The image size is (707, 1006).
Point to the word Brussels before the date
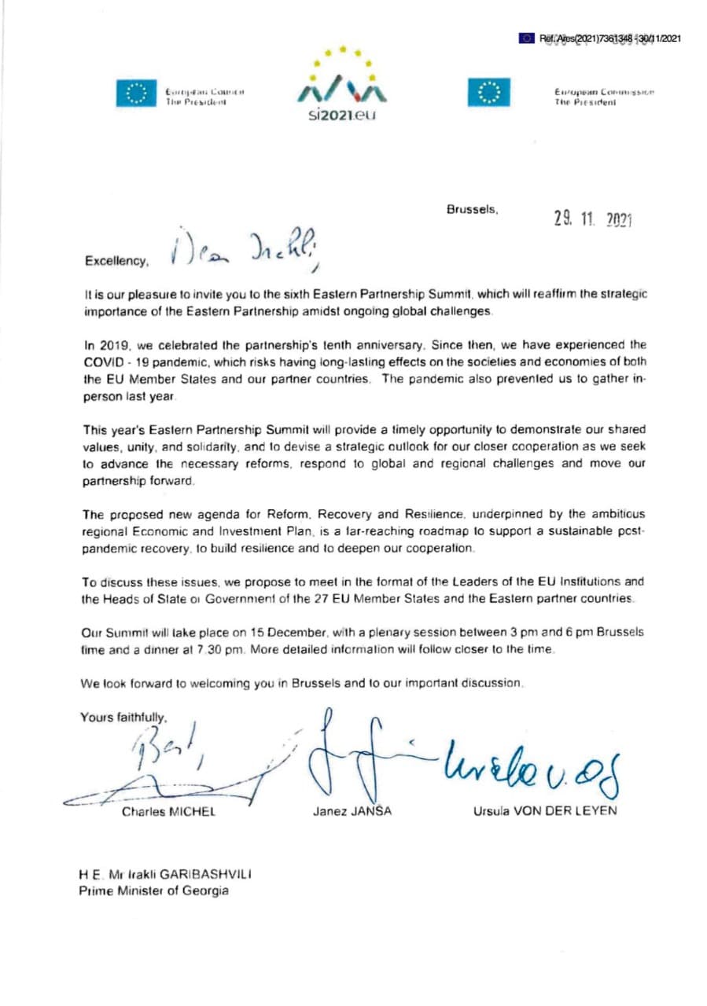472,209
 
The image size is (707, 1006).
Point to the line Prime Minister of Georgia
153,890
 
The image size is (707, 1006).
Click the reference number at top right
609,38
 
